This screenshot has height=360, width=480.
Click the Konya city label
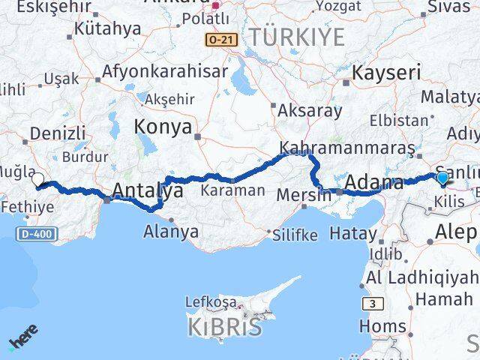pyautogui.click(x=163, y=127)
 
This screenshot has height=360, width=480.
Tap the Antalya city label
pyautogui.click(x=147, y=190)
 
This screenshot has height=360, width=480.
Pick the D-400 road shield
pyautogui.click(x=34, y=235)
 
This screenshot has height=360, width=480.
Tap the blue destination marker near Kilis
pyautogui.click(x=442, y=178)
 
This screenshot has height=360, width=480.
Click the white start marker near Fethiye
pyautogui.click(x=39, y=179)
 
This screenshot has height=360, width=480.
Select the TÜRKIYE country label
pyautogui.click(x=297, y=37)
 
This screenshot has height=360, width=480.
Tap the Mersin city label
pyautogui.click(x=304, y=193)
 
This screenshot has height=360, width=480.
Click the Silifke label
pyautogui.click(x=294, y=235)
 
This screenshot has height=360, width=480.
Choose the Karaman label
pyautogui.click(x=232, y=190)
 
